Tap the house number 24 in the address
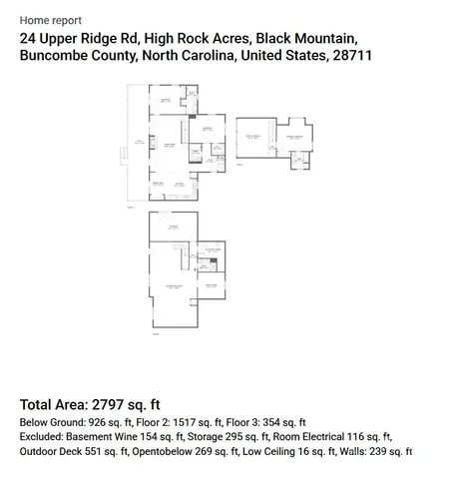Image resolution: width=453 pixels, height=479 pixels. (27, 38)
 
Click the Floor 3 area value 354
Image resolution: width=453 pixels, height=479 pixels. (274, 422)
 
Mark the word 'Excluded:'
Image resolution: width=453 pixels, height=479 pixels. (42, 437)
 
